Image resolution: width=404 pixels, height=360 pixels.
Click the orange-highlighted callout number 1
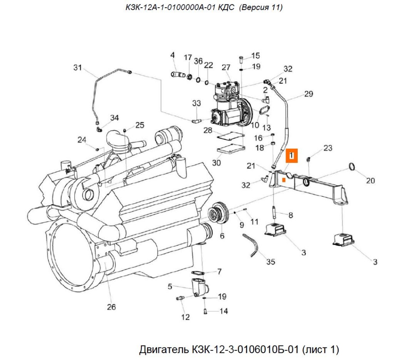point(291,156)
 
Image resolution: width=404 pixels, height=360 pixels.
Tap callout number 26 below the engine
point(112,307)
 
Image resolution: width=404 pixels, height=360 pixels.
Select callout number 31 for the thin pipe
point(78,67)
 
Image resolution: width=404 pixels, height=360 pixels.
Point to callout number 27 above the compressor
point(226,67)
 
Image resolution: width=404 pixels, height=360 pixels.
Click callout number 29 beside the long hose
point(309,94)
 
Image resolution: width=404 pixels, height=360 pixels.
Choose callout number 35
point(271,262)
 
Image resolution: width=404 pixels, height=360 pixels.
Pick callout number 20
point(370,180)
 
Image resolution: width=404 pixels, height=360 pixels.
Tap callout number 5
point(170,286)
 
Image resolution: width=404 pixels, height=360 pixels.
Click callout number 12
point(185,317)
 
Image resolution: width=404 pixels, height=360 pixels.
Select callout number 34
point(115,118)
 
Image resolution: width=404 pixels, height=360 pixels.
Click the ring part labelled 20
point(352,167)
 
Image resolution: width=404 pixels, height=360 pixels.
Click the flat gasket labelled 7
point(198,273)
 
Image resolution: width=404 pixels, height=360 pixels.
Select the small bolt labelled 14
point(205,312)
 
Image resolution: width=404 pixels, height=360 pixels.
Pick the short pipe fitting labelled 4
point(178,75)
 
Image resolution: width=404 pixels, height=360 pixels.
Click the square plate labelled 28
point(230,136)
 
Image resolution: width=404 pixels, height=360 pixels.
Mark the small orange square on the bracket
point(284,180)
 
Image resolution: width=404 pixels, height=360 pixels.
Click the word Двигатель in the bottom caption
point(164,349)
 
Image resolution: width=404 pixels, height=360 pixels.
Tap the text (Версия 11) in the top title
point(261,7)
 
